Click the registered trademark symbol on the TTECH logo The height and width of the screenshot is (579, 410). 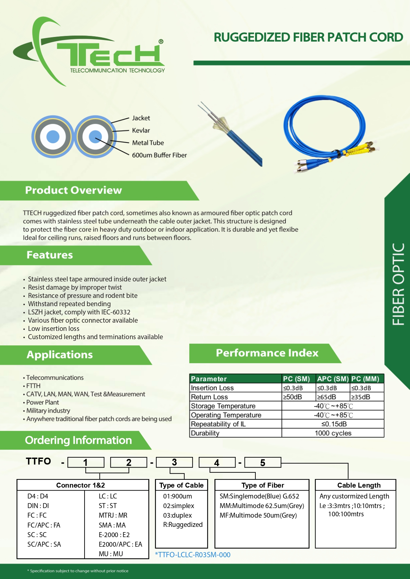click(161, 42)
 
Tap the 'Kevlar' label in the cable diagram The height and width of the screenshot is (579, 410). click(141, 130)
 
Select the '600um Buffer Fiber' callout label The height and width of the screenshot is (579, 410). click(159, 155)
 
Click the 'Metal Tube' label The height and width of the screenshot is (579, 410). click(148, 143)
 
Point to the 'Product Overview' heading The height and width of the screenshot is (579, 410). click(73, 190)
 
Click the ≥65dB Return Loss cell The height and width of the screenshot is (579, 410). click(326, 397)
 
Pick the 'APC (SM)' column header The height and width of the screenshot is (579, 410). click(333, 379)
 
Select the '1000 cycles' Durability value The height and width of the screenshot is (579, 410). click(333, 433)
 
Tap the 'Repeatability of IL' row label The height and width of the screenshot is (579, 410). click(218, 424)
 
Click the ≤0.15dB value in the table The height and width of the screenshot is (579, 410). click(334, 424)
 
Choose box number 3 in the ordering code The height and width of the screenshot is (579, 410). click(174, 462)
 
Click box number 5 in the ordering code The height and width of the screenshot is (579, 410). click(263, 463)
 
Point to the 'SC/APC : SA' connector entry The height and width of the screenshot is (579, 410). click(44, 544)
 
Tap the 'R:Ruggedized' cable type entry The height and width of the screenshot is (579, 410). click(183, 525)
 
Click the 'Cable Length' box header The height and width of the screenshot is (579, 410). click(359, 485)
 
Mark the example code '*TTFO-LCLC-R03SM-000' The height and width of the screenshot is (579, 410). click(193, 555)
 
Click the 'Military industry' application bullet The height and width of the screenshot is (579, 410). click(48, 411)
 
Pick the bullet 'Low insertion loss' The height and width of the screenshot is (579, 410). click(54, 329)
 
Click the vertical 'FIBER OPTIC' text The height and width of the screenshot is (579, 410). click(398, 284)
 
